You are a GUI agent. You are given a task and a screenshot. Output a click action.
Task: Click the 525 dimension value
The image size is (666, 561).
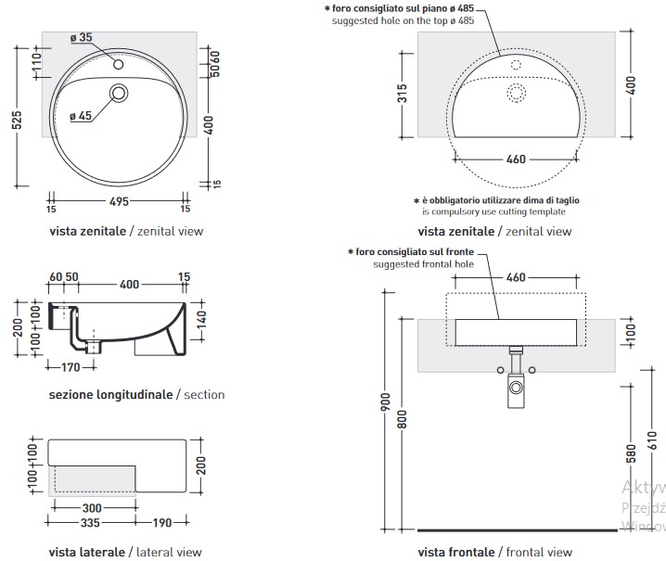[19, 121]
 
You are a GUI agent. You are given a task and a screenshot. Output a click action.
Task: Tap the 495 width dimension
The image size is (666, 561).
[119, 201]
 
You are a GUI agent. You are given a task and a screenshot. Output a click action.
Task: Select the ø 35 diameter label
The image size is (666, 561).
[81, 38]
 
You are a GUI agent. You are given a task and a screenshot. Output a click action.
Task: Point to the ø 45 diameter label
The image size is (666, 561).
[80, 117]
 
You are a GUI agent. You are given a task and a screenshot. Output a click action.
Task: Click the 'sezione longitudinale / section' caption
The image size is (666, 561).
[136, 394]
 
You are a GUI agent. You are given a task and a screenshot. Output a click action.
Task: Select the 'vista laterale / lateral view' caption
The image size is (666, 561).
[124, 552]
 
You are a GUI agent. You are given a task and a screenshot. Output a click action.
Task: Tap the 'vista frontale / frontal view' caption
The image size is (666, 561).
[495, 552]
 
